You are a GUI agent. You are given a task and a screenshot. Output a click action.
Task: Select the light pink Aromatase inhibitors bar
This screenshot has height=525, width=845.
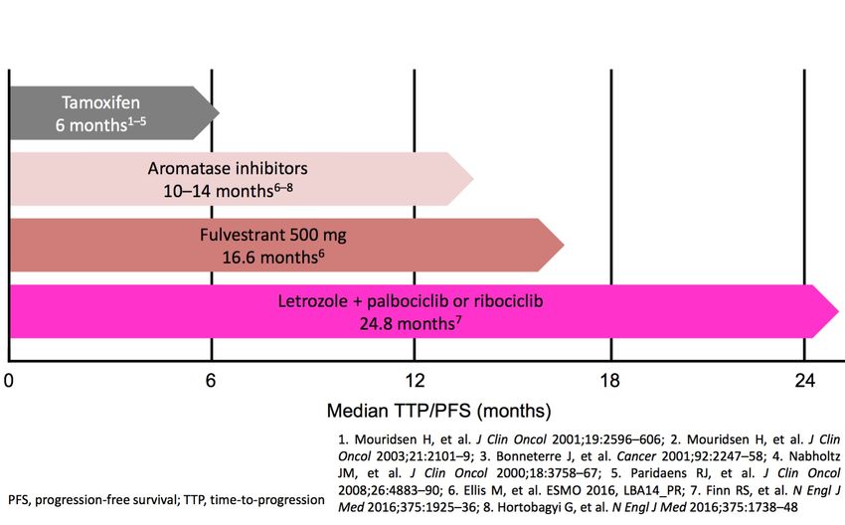(x=239, y=178)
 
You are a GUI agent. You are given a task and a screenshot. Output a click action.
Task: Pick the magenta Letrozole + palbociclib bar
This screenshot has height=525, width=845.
(x=418, y=310)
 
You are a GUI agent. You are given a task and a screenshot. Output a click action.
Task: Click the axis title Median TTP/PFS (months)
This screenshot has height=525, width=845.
(x=438, y=410)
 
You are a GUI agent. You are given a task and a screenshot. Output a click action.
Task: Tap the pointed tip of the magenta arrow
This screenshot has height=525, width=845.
(x=837, y=311)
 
